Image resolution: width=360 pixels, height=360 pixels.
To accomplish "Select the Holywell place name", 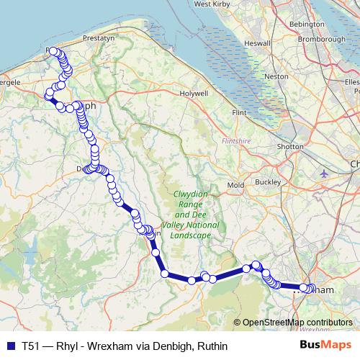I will click(194, 94).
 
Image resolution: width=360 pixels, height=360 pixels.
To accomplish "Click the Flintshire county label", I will click(236, 140).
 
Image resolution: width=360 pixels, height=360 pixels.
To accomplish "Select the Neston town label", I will click(276, 76).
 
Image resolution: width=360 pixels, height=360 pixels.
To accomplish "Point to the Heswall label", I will click(257, 42).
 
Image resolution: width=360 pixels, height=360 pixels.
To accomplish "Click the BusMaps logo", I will click(326, 345).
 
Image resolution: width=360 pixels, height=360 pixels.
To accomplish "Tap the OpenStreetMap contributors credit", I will click(297, 322).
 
